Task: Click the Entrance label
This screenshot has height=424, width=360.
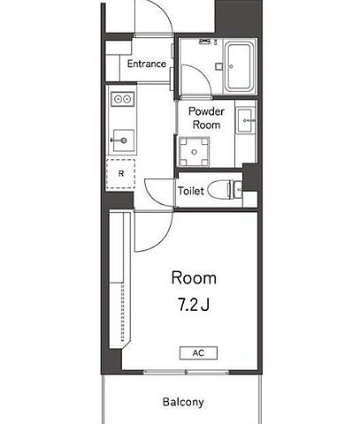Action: pyautogui.click(x=147, y=64)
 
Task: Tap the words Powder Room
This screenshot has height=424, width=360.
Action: pyautogui.click(x=206, y=117)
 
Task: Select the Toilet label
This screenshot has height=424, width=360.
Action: pyautogui.click(x=191, y=191)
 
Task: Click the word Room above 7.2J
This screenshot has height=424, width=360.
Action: pyautogui.click(x=194, y=277)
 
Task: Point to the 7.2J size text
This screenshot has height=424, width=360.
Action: pyautogui.click(x=194, y=304)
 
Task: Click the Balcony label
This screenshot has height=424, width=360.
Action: pyautogui.click(x=183, y=402)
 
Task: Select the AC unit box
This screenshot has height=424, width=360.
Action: pyautogui.click(x=198, y=353)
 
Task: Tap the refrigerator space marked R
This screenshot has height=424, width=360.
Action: pyautogui.click(x=121, y=174)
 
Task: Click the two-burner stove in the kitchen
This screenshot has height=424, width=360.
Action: pyautogui.click(x=123, y=99)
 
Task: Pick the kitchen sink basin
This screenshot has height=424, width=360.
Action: pyautogui.click(x=124, y=140)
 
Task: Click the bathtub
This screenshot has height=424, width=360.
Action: pyautogui.click(x=239, y=66)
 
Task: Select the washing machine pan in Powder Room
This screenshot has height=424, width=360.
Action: pyautogui.click(x=194, y=152)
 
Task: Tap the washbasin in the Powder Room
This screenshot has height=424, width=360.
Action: pyautogui.click(x=245, y=120)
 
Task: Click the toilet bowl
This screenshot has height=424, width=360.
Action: pyautogui.click(x=220, y=189)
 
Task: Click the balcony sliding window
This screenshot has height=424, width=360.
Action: pyautogui.click(x=187, y=372)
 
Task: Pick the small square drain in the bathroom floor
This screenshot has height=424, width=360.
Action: pyautogui.click(x=218, y=66)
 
